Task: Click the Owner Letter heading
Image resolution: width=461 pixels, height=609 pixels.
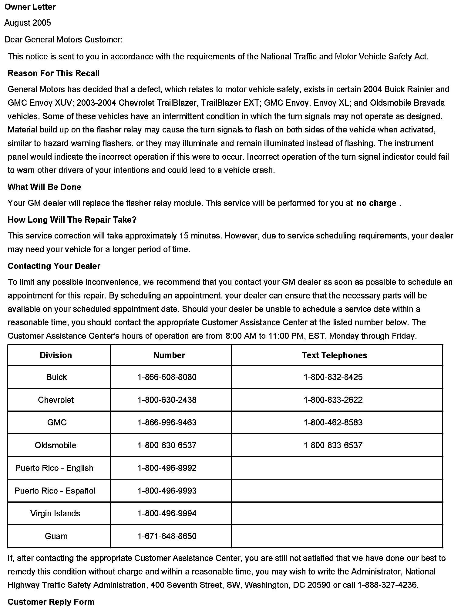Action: coord(30,7)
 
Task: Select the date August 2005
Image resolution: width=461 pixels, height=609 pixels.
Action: coord(28,23)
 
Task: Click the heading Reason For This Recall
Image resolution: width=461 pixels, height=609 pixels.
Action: coord(53,73)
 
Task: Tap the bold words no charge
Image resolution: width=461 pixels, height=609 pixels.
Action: coord(376,203)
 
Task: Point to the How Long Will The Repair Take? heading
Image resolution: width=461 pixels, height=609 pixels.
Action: coord(72,220)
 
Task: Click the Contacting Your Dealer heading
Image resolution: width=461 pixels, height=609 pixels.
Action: coord(54,266)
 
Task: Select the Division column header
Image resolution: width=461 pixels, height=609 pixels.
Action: coord(56,355)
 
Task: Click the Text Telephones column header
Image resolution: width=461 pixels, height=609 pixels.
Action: coord(334,355)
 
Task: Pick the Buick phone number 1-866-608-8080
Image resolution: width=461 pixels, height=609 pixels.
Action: coord(167,377)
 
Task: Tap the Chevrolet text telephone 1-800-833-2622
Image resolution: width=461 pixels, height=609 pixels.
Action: coord(333,400)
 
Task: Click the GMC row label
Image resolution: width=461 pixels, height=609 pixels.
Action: coord(57,422)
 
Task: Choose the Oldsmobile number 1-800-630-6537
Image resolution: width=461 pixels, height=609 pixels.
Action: coord(167,445)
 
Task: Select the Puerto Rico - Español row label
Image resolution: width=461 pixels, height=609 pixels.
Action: coord(55,491)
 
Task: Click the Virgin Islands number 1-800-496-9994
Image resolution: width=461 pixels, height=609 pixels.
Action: coord(167,513)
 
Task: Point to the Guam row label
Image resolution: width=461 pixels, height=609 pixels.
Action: coord(56,536)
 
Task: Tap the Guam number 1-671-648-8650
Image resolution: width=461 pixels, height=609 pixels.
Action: coord(167,536)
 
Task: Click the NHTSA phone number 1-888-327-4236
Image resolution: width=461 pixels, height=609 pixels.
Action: coord(387,585)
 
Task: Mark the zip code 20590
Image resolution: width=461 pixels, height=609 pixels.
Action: coord(319,585)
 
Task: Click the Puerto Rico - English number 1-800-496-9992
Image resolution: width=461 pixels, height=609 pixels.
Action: coord(167,468)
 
